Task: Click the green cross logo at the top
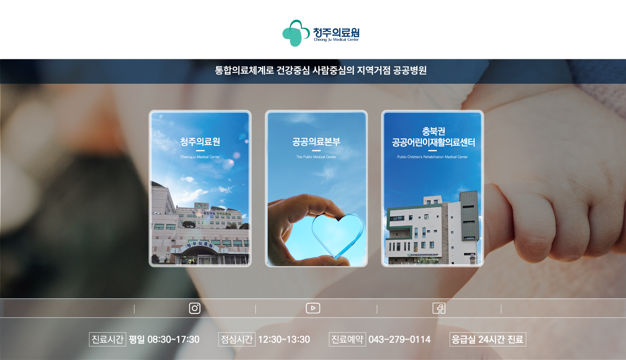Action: point(296,33)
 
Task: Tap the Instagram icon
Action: point(195,308)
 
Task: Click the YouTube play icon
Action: point(313,308)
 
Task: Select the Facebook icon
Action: point(439,308)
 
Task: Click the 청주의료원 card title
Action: point(200,142)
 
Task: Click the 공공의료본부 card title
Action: point(316,142)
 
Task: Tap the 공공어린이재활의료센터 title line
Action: point(433,142)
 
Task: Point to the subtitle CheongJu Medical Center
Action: point(200,157)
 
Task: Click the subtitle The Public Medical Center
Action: point(316,157)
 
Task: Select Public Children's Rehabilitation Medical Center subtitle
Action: point(432,157)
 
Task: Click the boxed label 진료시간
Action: point(108,339)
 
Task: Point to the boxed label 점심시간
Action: point(237,339)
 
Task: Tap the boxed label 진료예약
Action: point(347,339)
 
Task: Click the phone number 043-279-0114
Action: point(399,339)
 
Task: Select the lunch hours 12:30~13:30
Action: point(284,339)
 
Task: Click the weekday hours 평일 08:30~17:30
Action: point(164,339)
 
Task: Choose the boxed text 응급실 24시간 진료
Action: point(488,339)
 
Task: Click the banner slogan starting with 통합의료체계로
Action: point(321,70)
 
